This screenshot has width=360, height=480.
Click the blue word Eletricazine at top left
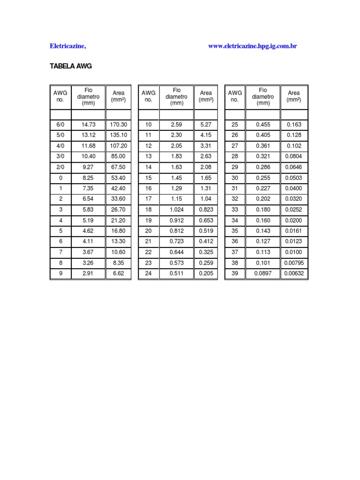68,46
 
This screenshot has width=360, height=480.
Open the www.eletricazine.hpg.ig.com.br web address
253,46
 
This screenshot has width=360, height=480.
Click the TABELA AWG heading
71,67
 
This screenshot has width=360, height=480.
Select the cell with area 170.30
119,125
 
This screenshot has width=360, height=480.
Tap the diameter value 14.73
88,125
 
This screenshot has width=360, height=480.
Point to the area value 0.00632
294,274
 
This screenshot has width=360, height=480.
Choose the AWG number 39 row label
235,274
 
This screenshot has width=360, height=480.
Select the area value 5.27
206,125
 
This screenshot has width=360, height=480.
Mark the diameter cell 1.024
177,210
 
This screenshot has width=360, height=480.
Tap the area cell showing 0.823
206,210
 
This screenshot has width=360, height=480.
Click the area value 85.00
119,156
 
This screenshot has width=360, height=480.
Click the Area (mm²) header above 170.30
119,97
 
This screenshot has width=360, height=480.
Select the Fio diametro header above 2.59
177,97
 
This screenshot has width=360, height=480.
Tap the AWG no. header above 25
235,97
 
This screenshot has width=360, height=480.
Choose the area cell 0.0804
294,156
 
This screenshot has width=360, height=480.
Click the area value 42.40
119,188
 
